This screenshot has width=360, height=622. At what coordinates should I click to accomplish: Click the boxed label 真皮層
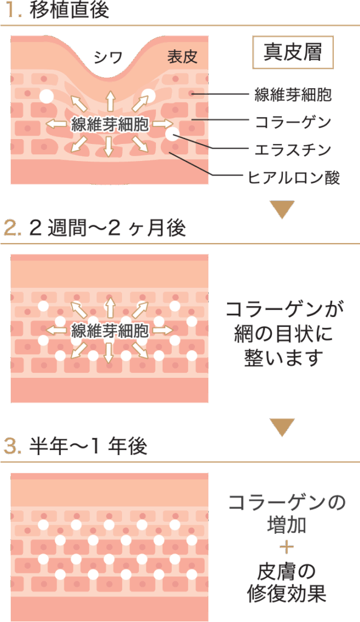click(x=293, y=52)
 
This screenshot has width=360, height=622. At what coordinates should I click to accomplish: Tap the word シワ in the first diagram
click(x=108, y=58)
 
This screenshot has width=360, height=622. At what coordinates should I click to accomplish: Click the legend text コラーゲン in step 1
click(x=293, y=121)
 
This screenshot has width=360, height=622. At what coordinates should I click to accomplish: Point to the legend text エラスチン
click(x=293, y=149)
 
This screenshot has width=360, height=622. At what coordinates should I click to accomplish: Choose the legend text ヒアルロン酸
click(x=294, y=177)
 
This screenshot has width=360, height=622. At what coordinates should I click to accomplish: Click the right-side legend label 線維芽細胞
click(x=293, y=94)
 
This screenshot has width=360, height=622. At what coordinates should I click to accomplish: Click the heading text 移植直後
click(x=69, y=10)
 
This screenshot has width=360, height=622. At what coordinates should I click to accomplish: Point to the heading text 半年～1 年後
click(x=88, y=446)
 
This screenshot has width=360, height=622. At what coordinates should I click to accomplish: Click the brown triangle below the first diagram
click(x=283, y=208)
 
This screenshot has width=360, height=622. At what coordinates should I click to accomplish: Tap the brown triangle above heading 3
click(x=283, y=426)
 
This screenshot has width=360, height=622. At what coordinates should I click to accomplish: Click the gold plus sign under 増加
click(x=287, y=548)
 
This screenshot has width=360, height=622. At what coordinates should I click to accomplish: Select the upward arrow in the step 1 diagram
click(x=110, y=101)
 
